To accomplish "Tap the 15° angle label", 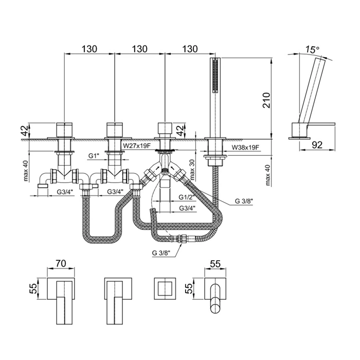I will pos(312,49).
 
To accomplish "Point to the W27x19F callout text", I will pos(136,146).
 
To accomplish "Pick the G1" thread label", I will pos(94,155).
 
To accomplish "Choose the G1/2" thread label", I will pos(187,197).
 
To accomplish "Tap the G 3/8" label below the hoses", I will pos(163,252).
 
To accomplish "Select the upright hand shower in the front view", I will pos(213,98).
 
